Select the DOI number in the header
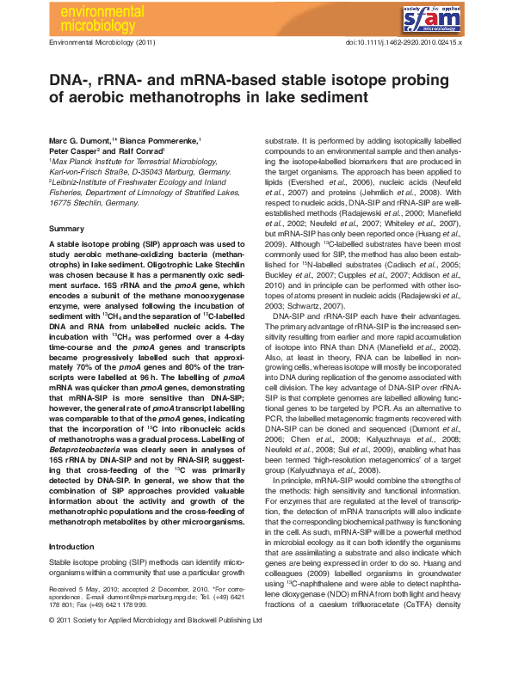pyautogui.click(x=404, y=42)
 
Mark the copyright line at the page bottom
pyautogui.click(x=155, y=642)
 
